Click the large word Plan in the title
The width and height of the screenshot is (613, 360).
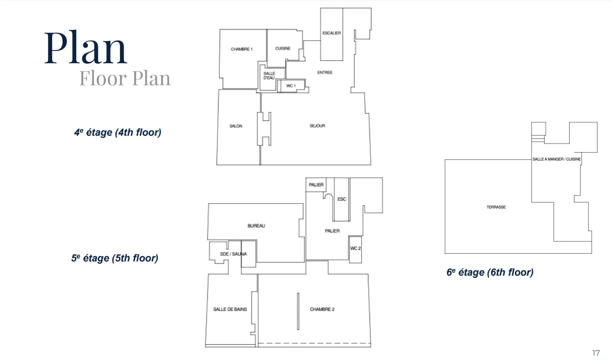coord(85,48)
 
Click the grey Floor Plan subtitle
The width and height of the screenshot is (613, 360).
coord(125,79)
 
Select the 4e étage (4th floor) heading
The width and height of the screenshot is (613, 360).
coord(118,133)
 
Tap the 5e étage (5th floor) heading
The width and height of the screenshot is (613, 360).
coord(115,258)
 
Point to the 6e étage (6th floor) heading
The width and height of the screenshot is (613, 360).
coord(490,272)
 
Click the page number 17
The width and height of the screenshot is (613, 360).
coord(596,353)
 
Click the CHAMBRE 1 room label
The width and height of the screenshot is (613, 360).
coord(241,49)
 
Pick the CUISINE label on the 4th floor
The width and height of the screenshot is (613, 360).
coord(283,48)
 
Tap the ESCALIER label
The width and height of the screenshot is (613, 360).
coord(331,33)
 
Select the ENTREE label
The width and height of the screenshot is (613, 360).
coord(325,72)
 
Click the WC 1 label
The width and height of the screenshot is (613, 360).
coord(291,86)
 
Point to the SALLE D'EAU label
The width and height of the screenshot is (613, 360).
coord(269,76)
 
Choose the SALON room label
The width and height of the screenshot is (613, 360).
coord(236,126)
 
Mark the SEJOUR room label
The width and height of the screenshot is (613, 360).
coord(317,126)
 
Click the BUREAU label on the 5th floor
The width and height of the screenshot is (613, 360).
coord(256,226)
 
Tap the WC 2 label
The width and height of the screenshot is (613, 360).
coord(356,248)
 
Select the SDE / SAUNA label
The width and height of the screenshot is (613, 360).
coord(233,254)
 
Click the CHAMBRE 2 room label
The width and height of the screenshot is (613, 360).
coord(322,309)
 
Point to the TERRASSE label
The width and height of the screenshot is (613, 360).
coord(496,207)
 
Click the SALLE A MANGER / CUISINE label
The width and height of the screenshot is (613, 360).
coord(556,159)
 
